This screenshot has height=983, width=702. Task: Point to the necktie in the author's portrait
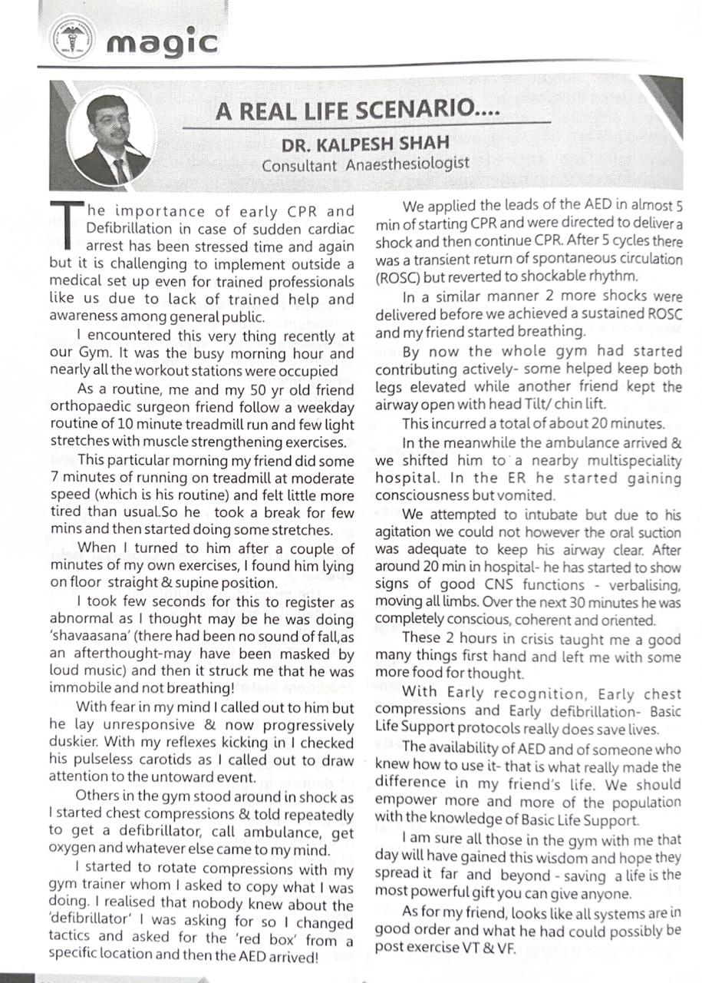120,170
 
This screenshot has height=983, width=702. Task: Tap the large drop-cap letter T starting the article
67,223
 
